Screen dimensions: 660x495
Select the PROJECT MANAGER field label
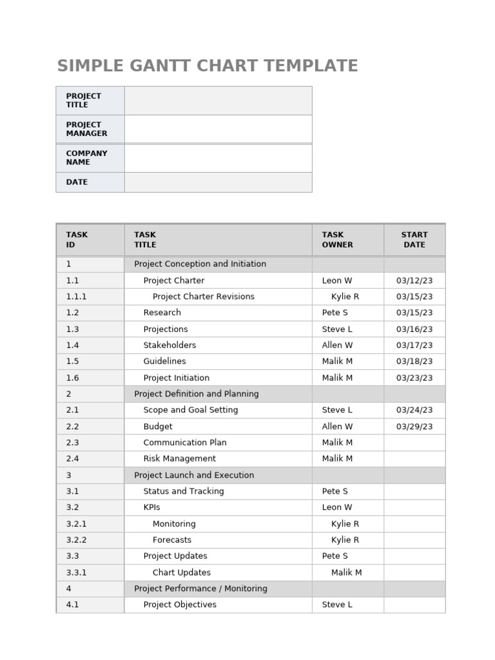86,129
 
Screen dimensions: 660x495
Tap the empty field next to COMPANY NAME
218,158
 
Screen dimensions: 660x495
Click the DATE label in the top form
77,182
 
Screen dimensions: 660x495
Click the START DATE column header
414,240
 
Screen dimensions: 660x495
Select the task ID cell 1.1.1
76,296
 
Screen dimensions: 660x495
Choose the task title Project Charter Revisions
203,296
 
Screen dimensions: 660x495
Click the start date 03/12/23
414,280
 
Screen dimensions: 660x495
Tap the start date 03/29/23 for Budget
414,427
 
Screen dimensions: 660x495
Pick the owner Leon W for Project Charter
337,280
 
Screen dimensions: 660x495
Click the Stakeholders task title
170,345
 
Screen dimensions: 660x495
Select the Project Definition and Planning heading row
196,394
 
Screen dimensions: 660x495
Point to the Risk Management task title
179,459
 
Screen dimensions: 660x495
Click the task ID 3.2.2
76,540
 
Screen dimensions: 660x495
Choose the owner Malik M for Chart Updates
346,572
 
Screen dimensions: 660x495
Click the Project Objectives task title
180,605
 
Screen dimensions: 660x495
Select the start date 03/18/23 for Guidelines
414,362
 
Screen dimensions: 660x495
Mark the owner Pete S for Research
335,313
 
